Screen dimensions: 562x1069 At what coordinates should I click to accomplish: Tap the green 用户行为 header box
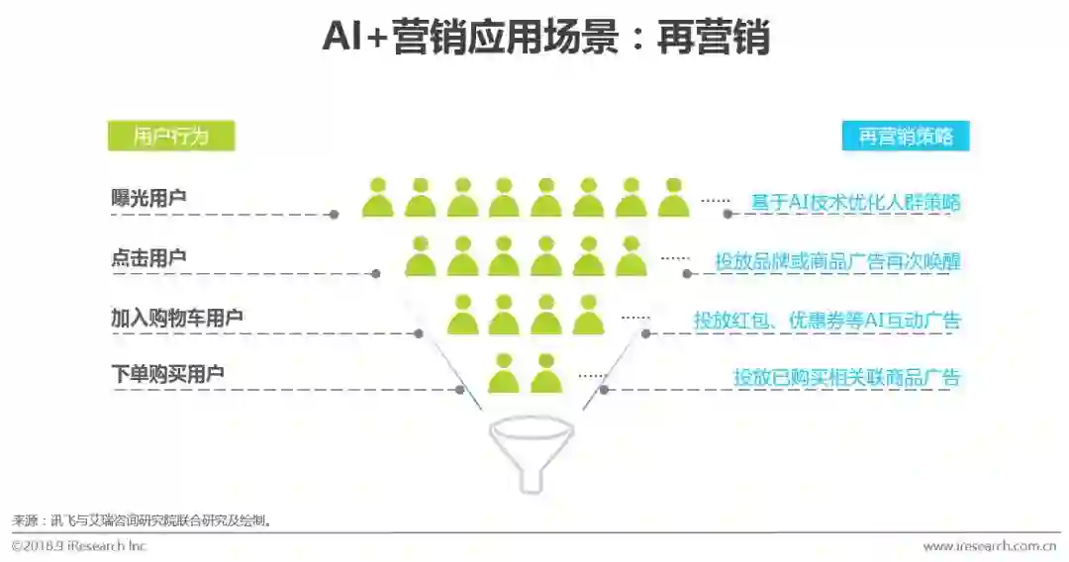click(x=171, y=137)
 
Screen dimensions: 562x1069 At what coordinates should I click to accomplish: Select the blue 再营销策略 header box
click(x=906, y=137)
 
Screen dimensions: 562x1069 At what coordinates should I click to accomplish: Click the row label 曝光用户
click(x=148, y=198)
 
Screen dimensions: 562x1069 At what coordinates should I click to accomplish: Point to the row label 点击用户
click(x=148, y=257)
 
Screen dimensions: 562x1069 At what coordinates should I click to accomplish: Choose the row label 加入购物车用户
click(x=177, y=318)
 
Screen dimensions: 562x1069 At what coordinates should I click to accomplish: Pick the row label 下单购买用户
click(x=167, y=374)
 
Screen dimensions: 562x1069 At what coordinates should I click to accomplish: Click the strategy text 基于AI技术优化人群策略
click(x=856, y=202)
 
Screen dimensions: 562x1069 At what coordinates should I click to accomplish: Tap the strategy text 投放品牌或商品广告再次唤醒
click(x=837, y=261)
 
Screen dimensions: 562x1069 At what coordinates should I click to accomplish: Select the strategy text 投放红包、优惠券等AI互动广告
click(x=826, y=321)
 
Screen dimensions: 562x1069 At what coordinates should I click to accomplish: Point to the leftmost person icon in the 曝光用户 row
click(x=377, y=198)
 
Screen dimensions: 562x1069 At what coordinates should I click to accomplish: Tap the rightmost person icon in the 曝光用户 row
click(x=673, y=198)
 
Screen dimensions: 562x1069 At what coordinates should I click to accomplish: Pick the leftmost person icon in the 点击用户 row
click(x=420, y=257)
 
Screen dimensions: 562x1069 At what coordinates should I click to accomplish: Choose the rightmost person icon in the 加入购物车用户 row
click(x=588, y=316)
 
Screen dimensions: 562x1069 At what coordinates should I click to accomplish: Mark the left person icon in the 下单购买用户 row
click(x=503, y=374)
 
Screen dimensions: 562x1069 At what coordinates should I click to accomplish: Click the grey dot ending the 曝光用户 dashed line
click(x=335, y=214)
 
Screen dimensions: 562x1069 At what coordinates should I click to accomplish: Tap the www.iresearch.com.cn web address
click(x=989, y=546)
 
